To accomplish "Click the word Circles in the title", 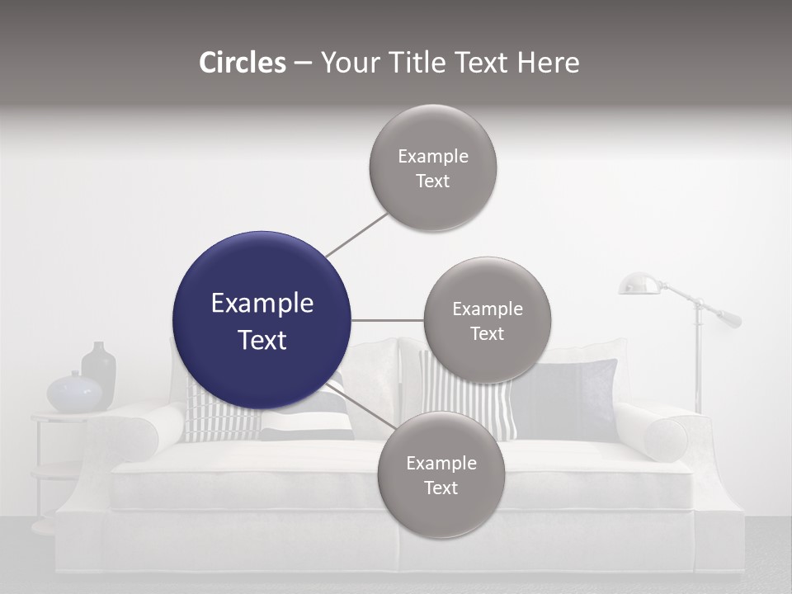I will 242,63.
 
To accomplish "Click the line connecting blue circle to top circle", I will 356,234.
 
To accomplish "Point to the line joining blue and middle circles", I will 387,320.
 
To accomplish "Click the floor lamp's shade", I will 639,285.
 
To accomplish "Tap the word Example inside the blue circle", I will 262,304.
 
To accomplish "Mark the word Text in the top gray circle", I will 432,181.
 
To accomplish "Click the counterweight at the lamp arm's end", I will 729,318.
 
